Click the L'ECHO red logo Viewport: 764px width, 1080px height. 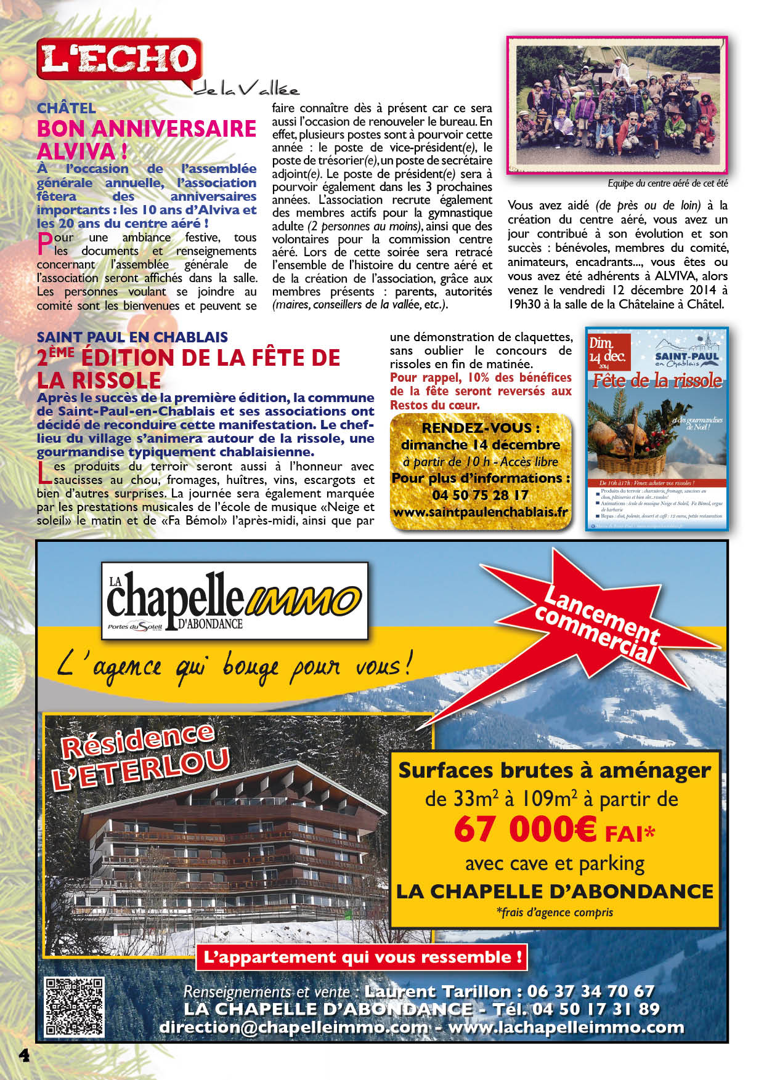click(118, 59)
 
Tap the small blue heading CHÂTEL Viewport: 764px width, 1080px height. click(66, 108)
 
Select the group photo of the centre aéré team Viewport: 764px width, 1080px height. click(617, 105)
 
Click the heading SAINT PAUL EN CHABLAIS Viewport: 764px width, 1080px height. click(132, 337)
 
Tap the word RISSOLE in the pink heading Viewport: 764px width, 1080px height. click(99, 379)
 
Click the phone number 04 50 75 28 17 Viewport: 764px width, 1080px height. click(480, 495)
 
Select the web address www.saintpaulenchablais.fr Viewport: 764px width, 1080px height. click(480, 512)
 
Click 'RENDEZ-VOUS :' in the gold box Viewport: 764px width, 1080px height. click(481, 428)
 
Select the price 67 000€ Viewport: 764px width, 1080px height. click(525, 829)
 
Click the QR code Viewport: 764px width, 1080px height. click(74, 1007)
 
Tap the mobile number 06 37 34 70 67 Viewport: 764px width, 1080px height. click(591, 991)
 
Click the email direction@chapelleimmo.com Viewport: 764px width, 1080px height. click(293, 1027)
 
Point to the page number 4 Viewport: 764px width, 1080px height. click(24, 1055)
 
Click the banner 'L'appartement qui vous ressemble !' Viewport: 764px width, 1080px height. click(363, 957)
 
